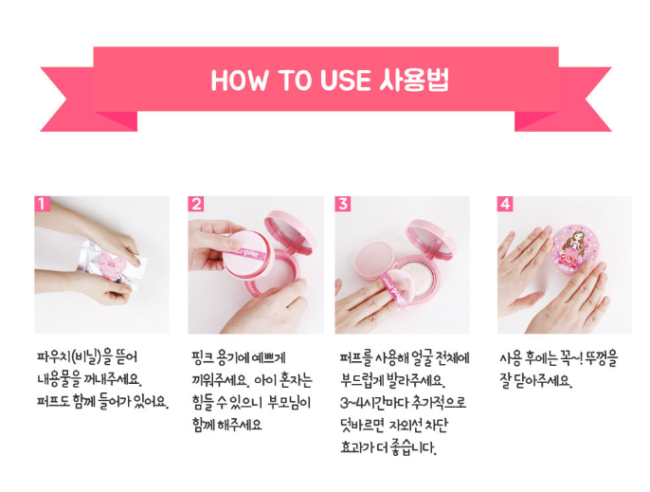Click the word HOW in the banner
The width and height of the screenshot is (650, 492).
(239, 80)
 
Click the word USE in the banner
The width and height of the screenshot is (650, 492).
(345, 80)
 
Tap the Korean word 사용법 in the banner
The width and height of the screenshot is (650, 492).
(414, 80)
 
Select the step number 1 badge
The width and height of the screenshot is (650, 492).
(42, 204)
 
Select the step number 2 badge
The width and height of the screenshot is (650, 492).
(195, 204)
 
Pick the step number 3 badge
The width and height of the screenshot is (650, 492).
(342, 204)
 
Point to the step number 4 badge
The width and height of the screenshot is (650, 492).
(505, 204)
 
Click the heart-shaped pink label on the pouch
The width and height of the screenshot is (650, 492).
(112, 264)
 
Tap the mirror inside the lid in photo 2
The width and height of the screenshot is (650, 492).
(290, 234)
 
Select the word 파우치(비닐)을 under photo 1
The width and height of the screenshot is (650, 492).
(75, 357)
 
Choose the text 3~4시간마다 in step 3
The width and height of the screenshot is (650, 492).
(371, 402)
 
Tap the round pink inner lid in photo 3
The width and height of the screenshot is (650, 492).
(374, 261)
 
